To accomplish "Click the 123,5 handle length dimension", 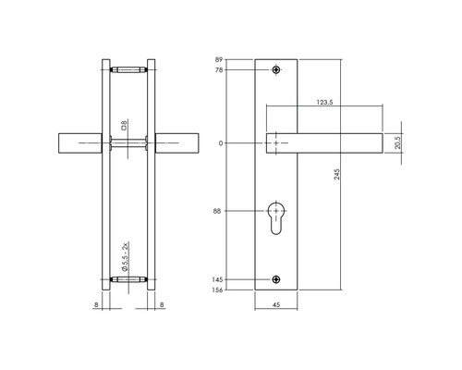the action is (x=324, y=102).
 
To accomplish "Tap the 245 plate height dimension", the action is (x=337, y=174).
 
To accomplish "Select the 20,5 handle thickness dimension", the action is (x=398, y=142).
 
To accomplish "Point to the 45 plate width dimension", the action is (x=276, y=305).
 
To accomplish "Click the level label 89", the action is (x=219, y=59).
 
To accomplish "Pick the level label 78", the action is (x=219, y=70).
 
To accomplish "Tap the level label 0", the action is (x=221, y=143).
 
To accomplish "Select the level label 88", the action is (x=217, y=211).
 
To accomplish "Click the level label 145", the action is (x=217, y=279).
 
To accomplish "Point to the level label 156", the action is (x=217, y=290).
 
